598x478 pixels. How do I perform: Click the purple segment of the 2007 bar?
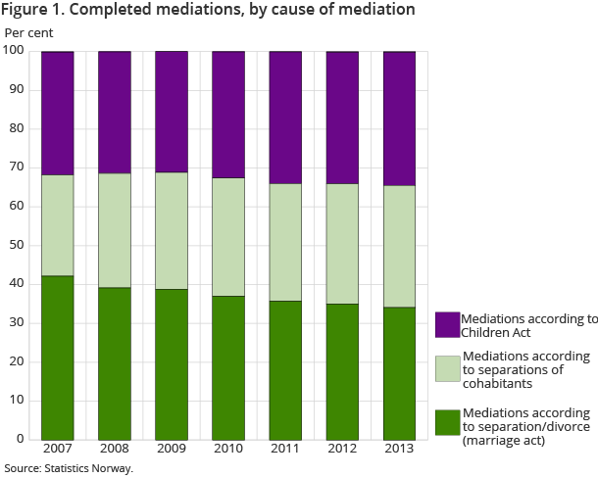[58, 113]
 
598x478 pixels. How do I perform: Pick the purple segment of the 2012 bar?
[342, 118]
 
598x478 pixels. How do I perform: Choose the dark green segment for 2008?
[115, 362]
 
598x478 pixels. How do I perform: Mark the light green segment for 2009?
[172, 230]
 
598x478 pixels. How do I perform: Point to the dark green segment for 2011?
[285, 369]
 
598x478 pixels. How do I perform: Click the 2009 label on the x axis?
[172, 449]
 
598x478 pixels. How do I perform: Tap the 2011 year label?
[285, 449]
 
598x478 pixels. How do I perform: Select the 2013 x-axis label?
[399, 449]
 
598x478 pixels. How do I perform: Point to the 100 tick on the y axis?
[15, 51]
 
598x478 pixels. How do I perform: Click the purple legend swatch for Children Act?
[447, 325]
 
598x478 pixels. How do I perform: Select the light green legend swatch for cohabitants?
[447, 368]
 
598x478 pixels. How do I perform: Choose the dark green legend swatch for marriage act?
[447, 424]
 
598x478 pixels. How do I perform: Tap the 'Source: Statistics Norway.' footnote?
[69, 468]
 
